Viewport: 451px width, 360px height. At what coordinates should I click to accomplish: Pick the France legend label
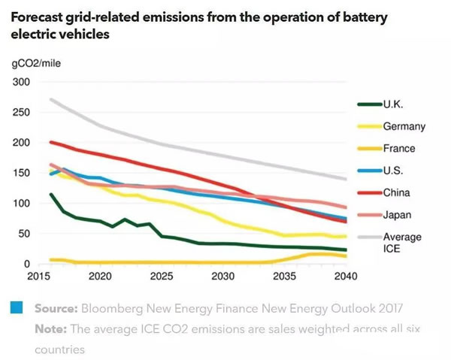(399, 148)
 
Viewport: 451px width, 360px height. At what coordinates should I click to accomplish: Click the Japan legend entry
(398, 215)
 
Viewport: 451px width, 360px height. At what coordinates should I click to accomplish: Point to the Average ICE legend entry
(401, 242)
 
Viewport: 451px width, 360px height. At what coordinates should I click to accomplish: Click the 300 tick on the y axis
(23, 81)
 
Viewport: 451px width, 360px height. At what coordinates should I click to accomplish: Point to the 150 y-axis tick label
(23, 173)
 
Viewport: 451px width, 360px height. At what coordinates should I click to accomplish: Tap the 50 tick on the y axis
(26, 234)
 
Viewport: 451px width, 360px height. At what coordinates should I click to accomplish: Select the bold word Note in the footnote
(51, 329)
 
